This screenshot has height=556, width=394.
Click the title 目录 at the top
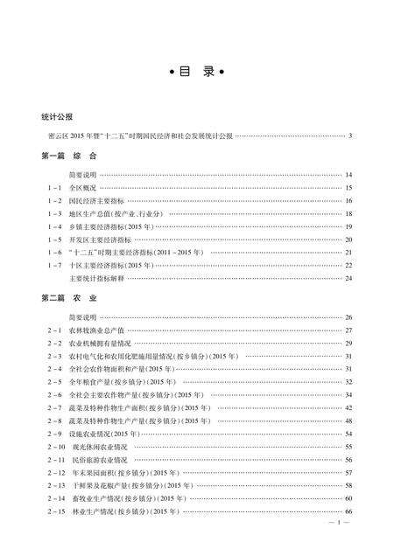(x=197, y=73)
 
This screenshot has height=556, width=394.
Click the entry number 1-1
(x=54, y=188)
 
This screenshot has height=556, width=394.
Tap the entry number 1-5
(x=54, y=240)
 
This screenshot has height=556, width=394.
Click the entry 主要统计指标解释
(x=122, y=278)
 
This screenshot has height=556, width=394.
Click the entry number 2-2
(x=54, y=344)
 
